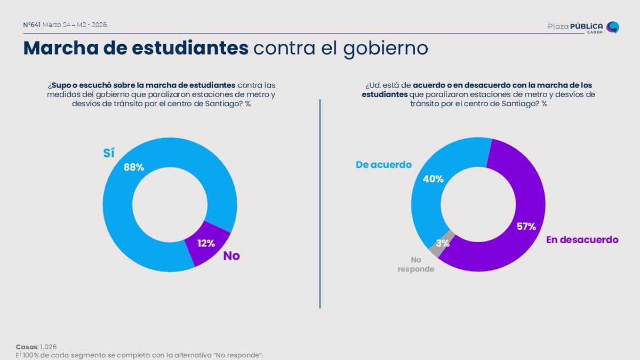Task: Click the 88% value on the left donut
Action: [x=133, y=167]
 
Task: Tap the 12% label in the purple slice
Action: [x=206, y=243]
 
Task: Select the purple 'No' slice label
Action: [x=231, y=256]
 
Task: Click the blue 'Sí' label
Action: [x=109, y=153]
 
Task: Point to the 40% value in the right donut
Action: [x=433, y=179]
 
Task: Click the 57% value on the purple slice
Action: [x=526, y=227]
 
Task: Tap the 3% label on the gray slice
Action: [x=443, y=243]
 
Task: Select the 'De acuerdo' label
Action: [x=383, y=165]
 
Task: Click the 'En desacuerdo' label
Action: [x=582, y=240]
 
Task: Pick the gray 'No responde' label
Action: [x=415, y=265]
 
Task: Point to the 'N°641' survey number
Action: [x=31, y=25]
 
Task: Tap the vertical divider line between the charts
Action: [x=320, y=203]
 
